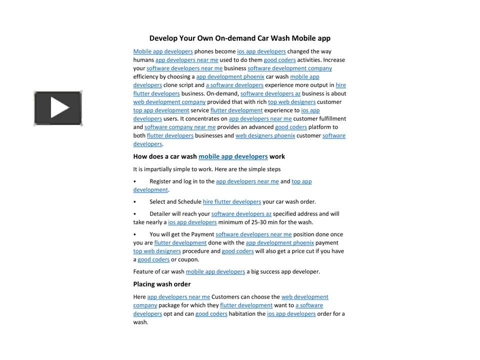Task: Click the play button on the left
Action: tap(58, 108)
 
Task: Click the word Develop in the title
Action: tap(162, 38)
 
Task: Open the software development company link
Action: tap(289, 68)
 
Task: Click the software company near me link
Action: tap(180, 127)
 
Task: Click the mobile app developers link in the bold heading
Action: tap(233, 156)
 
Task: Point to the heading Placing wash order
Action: tap(161, 284)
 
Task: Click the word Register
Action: tap(160, 181)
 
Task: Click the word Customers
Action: tap(226, 297)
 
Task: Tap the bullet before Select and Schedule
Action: tap(134, 202)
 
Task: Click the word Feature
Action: tap(143, 272)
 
